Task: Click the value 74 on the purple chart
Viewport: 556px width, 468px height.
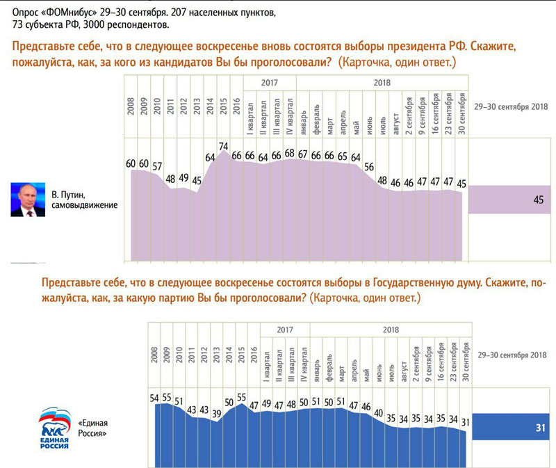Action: coord(224,146)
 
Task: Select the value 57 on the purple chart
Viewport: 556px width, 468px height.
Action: coord(158,166)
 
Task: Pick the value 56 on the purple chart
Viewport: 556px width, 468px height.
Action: coord(369,167)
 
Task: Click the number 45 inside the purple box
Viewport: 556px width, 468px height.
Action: coord(537,200)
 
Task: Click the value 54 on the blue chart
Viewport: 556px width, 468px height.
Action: coord(154,398)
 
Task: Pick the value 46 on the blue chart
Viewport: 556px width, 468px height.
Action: coord(366,407)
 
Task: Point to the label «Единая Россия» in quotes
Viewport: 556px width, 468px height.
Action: coord(92,428)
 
